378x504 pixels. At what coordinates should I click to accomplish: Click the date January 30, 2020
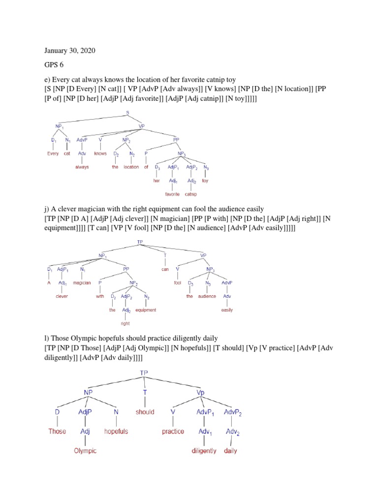pos(70,50)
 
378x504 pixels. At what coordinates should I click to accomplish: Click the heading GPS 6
pos(55,64)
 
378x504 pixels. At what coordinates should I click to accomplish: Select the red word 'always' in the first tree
pos(82,167)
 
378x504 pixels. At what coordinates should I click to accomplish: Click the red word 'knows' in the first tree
pos(100,153)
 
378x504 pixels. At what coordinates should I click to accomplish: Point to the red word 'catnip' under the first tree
pos(191,194)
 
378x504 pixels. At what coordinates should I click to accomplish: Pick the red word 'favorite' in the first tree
pos(172,194)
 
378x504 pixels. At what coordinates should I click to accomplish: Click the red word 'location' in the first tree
pos(131,167)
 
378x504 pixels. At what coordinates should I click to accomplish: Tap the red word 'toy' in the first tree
pos(205,181)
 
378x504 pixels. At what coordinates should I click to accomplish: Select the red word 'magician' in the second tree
pos(82,283)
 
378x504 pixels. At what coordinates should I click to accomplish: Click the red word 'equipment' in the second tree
pos(146,310)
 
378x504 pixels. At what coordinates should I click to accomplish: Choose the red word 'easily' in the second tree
pos(227,310)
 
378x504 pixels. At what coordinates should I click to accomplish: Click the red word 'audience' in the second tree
pos(207,296)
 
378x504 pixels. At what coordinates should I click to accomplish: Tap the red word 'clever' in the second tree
pos(62,297)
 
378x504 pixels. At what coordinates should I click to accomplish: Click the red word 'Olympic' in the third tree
pos(85,450)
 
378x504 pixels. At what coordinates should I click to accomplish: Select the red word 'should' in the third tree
pos(145,412)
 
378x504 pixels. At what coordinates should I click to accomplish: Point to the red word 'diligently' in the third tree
pos(204,450)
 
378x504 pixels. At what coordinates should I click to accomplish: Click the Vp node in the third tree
pos(200,393)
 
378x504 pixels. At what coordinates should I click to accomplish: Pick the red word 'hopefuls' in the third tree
pos(116,431)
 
